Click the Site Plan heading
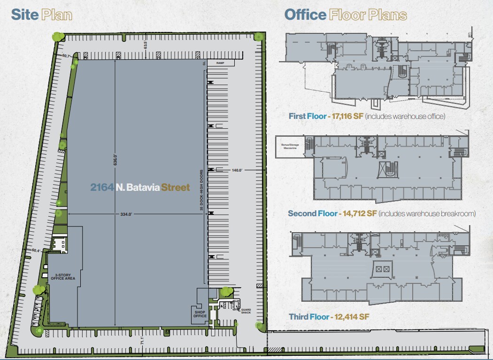tap(41, 15)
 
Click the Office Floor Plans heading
tap(346, 15)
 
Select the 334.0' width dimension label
tap(126, 214)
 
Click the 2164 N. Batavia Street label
tap(140, 188)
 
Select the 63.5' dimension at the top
tap(146, 46)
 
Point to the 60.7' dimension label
tap(66, 56)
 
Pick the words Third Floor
tap(309, 317)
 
